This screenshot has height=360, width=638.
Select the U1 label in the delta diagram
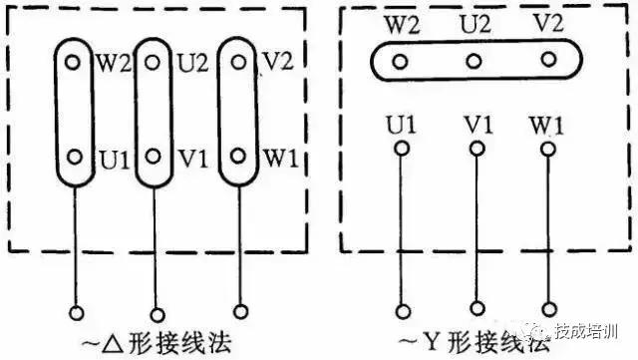(112, 160)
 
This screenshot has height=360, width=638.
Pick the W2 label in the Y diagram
(400, 24)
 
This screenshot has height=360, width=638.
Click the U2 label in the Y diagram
(474, 23)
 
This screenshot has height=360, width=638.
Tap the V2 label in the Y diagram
(546, 24)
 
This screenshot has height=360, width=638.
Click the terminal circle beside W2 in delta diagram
(73, 61)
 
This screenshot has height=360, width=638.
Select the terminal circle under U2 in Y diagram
(474, 62)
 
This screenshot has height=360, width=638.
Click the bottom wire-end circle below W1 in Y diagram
(548, 306)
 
